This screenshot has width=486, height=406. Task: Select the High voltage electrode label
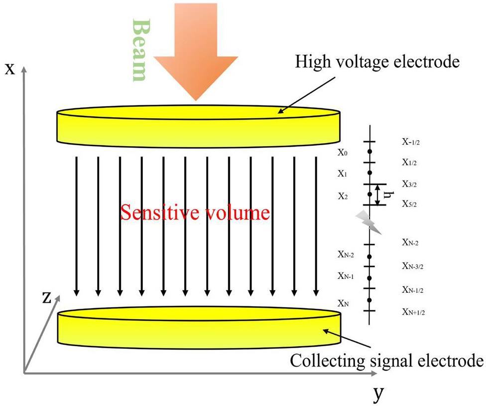click(376, 63)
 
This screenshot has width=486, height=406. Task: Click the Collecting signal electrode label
click(387, 361)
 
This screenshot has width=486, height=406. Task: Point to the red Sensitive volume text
click(195, 213)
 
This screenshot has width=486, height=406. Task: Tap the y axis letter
click(378, 394)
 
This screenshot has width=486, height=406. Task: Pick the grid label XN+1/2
click(413, 312)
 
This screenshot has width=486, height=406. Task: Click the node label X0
click(343, 153)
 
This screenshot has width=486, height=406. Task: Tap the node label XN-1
click(346, 276)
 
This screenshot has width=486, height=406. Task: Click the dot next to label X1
click(369, 173)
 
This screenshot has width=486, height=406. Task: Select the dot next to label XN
click(369, 300)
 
